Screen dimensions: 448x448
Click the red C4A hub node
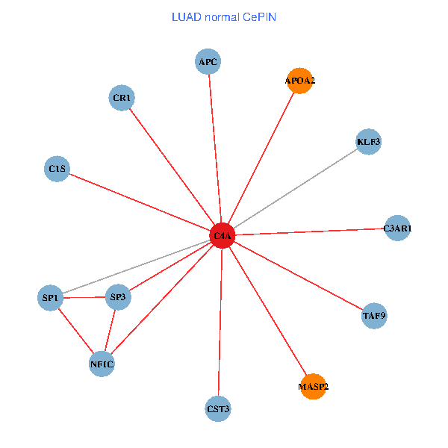pos(223,236)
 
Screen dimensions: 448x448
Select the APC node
pos(208,62)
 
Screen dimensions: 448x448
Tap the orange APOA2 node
pos(299,81)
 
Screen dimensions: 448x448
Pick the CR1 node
pos(121,98)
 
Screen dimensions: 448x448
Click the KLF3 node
pos(369,142)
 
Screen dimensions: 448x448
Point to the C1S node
pos(57,169)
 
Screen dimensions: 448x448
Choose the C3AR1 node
pos(397,228)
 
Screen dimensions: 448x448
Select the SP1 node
pos(50,298)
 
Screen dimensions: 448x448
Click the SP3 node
pos(118,297)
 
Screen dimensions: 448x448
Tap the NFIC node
pos(102,364)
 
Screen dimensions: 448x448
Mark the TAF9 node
pos(374,316)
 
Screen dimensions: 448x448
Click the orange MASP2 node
pos(313,387)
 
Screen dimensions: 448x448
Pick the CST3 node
pos(218,409)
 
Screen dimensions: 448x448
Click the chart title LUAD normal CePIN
pos(224,17)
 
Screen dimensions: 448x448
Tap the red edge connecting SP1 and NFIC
pos(75,331)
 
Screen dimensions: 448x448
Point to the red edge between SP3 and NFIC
pos(110,331)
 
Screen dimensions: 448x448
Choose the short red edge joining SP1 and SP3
pos(84,298)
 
